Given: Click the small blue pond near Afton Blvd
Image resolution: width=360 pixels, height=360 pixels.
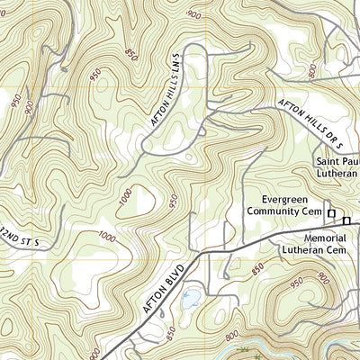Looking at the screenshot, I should click(x=191, y=297).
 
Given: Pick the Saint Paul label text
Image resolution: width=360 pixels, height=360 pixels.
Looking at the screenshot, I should click(x=337, y=163).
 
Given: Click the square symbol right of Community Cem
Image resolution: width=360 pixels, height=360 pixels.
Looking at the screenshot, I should click(x=331, y=213).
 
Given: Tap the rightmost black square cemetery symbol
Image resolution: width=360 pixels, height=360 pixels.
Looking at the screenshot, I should click(x=346, y=220).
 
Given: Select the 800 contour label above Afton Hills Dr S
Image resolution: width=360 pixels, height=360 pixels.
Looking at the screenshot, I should click(x=311, y=69).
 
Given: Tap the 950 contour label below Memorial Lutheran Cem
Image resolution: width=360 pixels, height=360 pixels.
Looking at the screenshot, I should click(x=296, y=286).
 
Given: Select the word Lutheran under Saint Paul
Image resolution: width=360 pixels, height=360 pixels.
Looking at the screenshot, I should click(x=338, y=175).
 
